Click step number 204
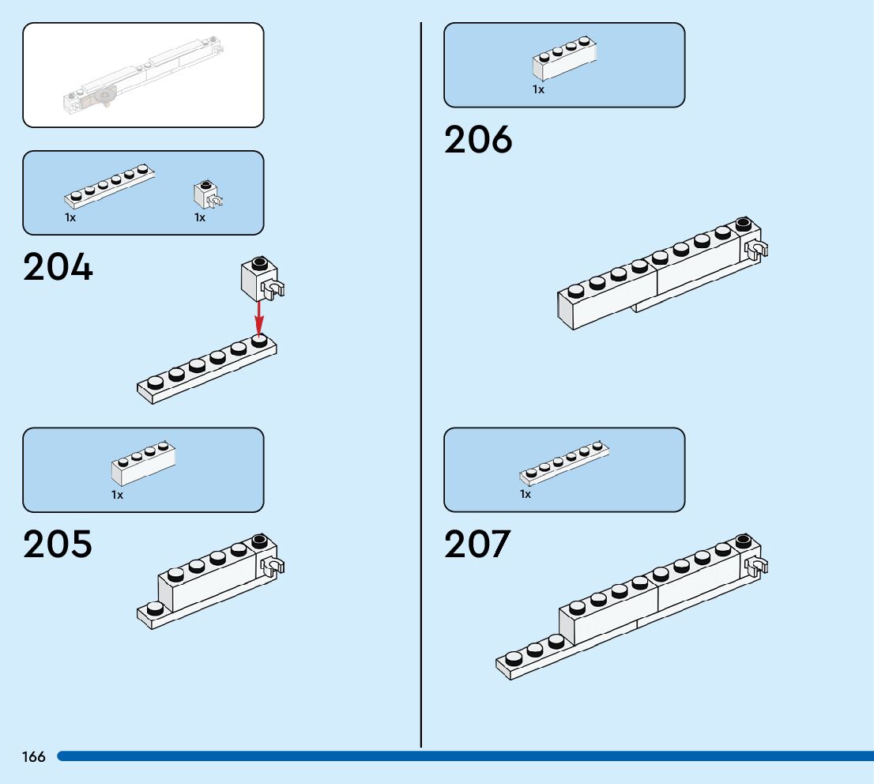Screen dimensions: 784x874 [58, 267]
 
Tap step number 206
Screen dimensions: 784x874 [478, 140]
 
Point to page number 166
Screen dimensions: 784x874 [34, 757]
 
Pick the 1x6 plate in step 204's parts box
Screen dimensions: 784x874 [109, 186]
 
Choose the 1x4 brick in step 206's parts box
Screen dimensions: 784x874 [564, 58]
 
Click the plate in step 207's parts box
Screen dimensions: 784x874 [564, 463]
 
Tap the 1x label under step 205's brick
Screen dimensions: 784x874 [117, 495]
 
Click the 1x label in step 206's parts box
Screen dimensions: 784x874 [538, 90]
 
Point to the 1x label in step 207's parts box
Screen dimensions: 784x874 [526, 494]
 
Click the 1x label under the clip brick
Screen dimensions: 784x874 [200, 217]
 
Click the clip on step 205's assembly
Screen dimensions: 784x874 [273, 567]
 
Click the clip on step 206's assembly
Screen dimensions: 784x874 [757, 252]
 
